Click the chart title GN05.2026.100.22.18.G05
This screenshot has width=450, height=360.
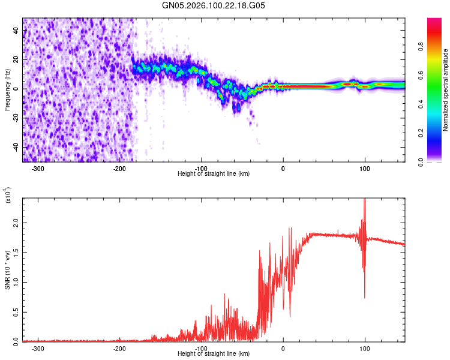coord(214,5)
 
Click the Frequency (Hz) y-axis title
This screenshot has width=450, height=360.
coord(8,90)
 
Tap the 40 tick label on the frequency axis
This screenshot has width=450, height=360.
coord(16,31)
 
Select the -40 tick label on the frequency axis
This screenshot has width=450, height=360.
coord(14,147)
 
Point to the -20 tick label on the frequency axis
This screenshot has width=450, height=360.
coord(14,118)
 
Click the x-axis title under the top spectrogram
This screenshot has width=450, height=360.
coord(214,174)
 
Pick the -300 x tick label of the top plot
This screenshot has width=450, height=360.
coord(38,168)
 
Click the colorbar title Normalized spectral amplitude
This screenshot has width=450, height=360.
coord(446,90)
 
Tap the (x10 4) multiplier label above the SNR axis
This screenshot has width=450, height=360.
coord(8,194)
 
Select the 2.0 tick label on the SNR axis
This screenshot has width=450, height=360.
coord(15,223)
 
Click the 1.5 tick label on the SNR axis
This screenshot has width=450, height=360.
coord(15,252)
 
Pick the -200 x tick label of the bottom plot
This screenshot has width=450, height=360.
coord(120,348)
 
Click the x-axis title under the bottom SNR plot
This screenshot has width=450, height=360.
coord(214,354)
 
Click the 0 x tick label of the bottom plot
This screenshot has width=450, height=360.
coord(283,348)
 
